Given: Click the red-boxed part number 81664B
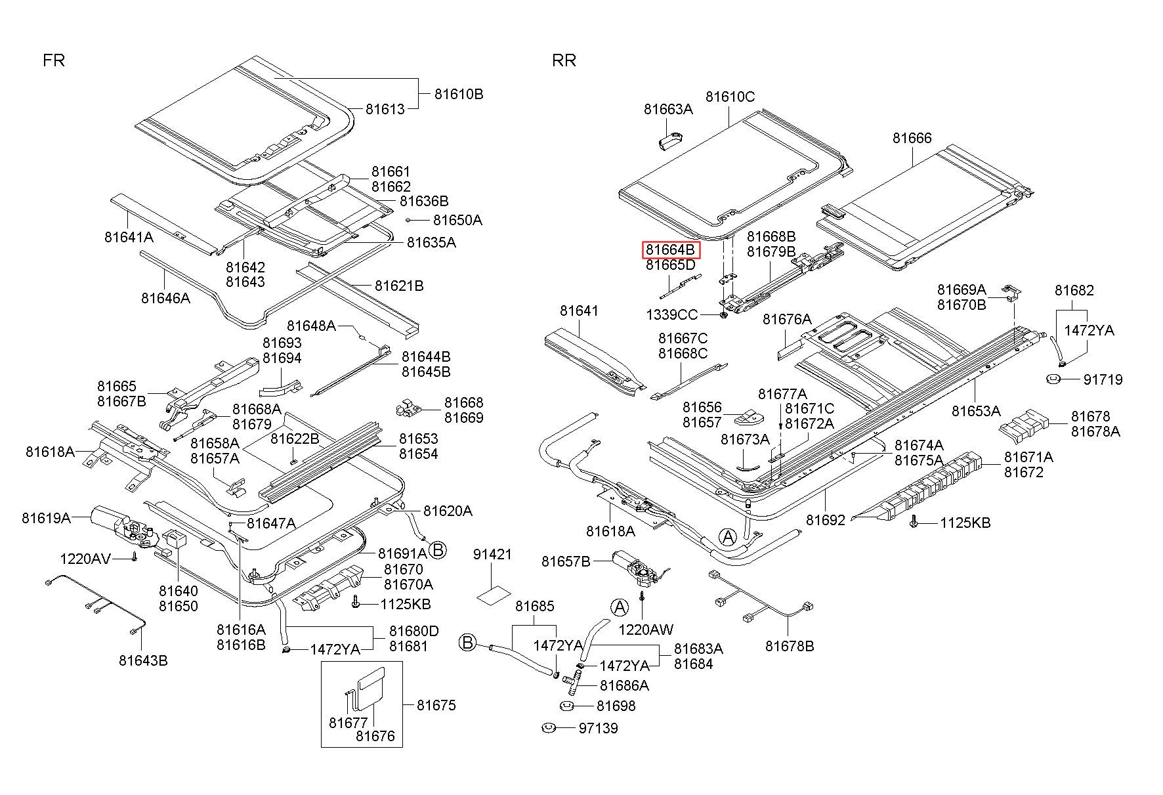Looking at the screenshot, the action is click(670, 250).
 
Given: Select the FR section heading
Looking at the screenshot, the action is click(54, 61).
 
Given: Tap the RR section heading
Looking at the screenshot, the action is click(564, 61).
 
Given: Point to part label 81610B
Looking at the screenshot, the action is click(459, 95).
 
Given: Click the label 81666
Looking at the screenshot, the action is click(912, 138).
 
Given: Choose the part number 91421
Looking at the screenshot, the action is click(492, 555).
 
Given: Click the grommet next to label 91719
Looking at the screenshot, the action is click(1053, 379).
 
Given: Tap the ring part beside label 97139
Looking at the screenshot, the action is click(549, 727).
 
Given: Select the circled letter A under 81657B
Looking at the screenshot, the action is click(619, 607).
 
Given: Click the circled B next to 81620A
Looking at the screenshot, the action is click(437, 550).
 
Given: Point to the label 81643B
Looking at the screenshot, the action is click(143, 660).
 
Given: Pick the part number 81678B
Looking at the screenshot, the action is click(790, 647).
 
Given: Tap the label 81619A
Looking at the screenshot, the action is click(46, 517).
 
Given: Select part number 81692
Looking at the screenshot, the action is click(826, 520).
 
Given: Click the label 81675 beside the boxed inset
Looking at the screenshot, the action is click(436, 705).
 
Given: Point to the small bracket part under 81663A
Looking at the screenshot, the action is click(669, 141).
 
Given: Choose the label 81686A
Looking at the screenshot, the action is click(624, 685).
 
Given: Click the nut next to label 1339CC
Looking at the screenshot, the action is click(722, 316).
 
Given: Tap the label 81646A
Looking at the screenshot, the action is click(165, 298).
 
